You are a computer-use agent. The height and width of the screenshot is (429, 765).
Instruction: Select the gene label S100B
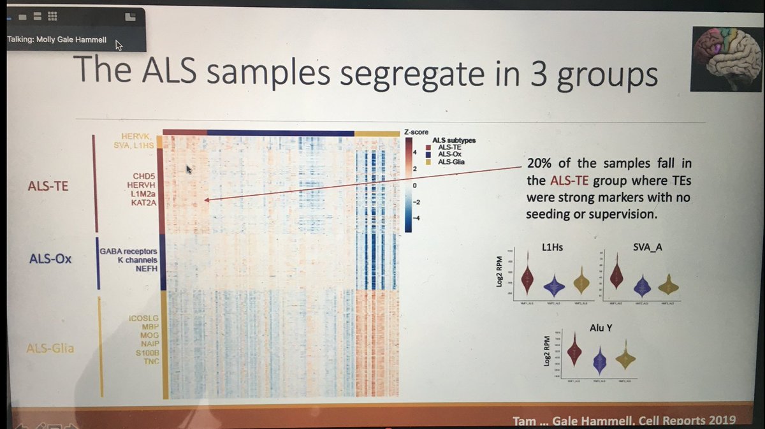143,352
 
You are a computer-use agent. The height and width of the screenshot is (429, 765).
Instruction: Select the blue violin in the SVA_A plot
643,287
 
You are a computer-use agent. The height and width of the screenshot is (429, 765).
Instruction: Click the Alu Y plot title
601,329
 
